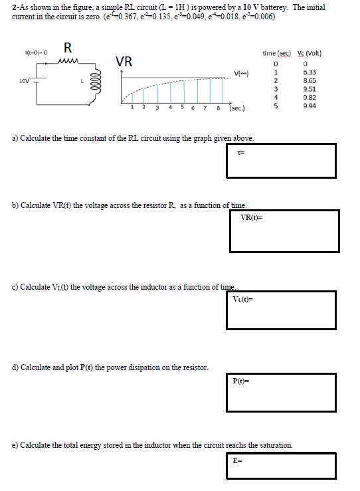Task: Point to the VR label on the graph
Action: click(x=124, y=62)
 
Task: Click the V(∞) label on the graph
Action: click(x=241, y=73)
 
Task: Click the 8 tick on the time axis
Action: click(x=219, y=106)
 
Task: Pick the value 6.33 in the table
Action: click(x=308, y=72)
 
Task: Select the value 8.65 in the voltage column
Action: click(x=308, y=80)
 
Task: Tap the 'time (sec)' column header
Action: click(x=275, y=53)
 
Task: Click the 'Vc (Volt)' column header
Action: click(x=309, y=53)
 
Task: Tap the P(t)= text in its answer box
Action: click(x=240, y=381)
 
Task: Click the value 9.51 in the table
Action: click(x=308, y=89)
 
